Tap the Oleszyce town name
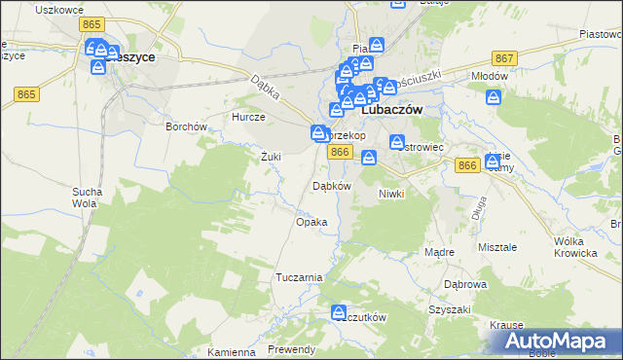pos(129,57)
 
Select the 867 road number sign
pos(503,58)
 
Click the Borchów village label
pos(186,126)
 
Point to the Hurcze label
pos(247,116)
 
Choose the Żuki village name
pos(272,156)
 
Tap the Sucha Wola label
pos(85,198)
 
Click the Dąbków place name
pos(330,185)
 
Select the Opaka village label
pos(311,222)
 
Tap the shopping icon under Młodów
pos(494,96)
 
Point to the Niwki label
pos(390,193)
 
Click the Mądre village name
pos(440,252)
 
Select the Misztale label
pos(497,247)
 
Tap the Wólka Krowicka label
pos(574,246)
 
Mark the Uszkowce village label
pos(56,9)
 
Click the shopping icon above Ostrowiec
pos(397,142)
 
